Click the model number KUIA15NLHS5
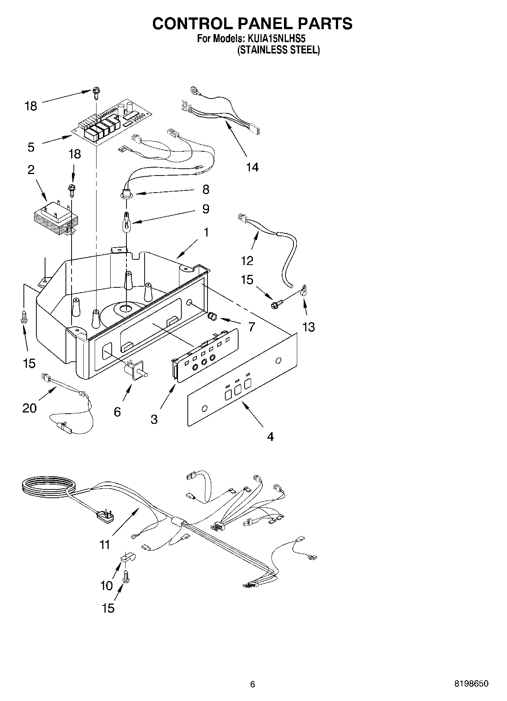pyautogui.click(x=276, y=39)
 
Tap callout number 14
pyautogui.click(x=252, y=167)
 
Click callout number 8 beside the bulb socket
pyautogui.click(x=206, y=190)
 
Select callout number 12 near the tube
pyautogui.click(x=247, y=261)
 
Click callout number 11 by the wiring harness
pyautogui.click(x=105, y=545)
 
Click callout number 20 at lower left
pyautogui.click(x=30, y=408)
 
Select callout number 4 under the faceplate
pyautogui.click(x=270, y=437)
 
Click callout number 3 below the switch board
pyautogui.click(x=154, y=419)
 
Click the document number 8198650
pyautogui.click(x=471, y=684)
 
